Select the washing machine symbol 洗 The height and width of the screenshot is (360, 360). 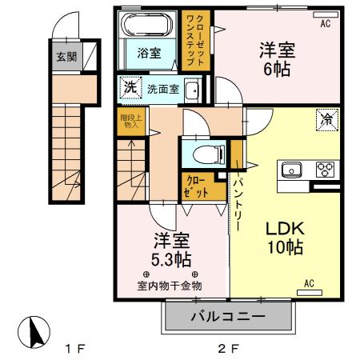128,87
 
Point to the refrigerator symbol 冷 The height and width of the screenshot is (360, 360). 327,121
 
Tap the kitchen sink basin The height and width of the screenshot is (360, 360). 289,170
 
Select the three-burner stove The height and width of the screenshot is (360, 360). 326,170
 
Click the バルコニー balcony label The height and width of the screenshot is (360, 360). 227,318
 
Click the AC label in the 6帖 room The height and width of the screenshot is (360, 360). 325,25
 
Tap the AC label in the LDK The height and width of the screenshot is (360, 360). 309,282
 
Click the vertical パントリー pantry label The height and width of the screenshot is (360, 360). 238,205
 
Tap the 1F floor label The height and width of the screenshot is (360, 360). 74,349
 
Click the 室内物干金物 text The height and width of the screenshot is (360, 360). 169,286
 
